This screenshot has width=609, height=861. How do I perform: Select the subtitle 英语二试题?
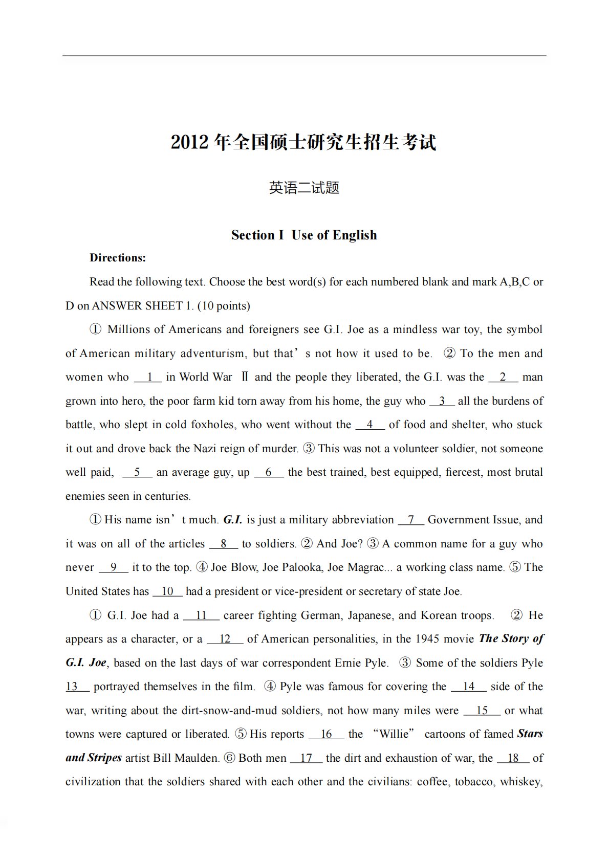pyautogui.click(x=304, y=188)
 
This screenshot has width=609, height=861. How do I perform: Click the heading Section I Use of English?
pyautogui.click(x=304, y=235)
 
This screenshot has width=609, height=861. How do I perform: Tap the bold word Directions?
pyautogui.click(x=118, y=258)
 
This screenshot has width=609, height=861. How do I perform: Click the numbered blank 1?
pyautogui.click(x=148, y=378)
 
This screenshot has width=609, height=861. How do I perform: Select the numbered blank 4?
pyautogui.click(x=369, y=425)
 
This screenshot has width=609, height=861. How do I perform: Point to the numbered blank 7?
pyautogui.click(x=410, y=520)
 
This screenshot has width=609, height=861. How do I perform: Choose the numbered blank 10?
pyautogui.click(x=167, y=592)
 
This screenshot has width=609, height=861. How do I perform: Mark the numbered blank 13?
pyautogui.click(x=72, y=687)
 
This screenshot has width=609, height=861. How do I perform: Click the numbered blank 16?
pyautogui.click(x=326, y=735)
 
